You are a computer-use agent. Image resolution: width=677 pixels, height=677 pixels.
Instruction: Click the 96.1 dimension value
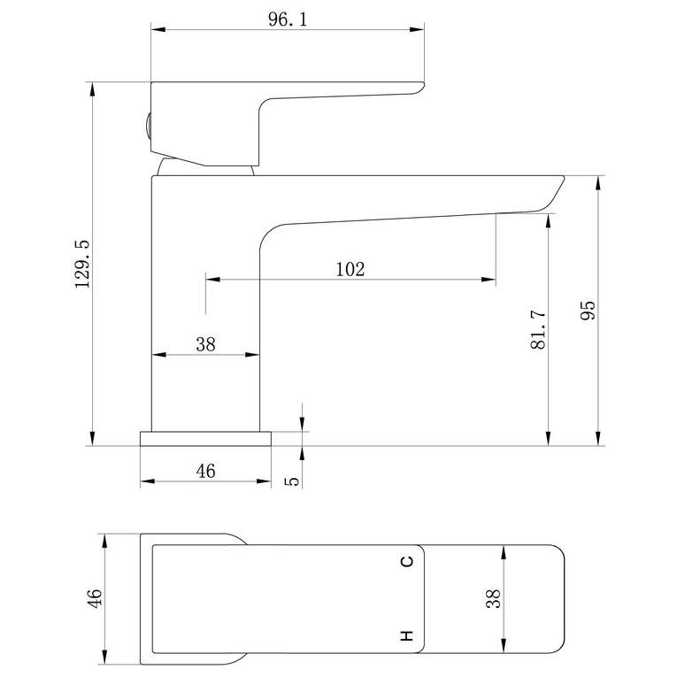tap(288, 19)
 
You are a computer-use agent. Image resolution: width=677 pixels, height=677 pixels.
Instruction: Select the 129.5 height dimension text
tap(82, 264)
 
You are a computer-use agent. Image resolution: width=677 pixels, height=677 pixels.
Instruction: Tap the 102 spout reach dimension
tap(350, 269)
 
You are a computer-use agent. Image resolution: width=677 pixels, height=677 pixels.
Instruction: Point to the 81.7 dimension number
tap(538, 329)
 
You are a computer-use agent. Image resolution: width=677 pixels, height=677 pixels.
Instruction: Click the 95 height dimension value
tap(588, 310)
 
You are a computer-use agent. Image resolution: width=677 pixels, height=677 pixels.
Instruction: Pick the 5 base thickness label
tap(292, 481)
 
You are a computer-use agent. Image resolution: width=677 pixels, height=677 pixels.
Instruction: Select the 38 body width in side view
tap(205, 344)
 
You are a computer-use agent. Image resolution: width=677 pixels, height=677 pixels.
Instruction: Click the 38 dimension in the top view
tap(493, 599)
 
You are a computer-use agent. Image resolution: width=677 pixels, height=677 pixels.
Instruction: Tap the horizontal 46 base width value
tap(205, 471)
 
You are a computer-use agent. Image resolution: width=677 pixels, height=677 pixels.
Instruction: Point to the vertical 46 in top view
tap(95, 598)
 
